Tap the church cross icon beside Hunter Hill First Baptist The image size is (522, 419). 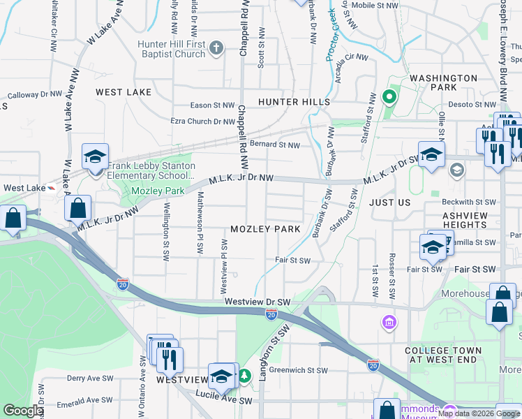coord(216,47)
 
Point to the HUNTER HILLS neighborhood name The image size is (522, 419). coord(294,102)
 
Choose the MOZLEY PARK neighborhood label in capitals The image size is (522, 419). coord(265,230)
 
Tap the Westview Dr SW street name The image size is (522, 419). coord(257,302)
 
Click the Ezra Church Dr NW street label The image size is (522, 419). coord(203,122)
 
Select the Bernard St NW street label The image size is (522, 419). coord(274,145)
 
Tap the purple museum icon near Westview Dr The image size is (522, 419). coord(389,322)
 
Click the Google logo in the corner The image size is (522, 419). coord(24,411)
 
